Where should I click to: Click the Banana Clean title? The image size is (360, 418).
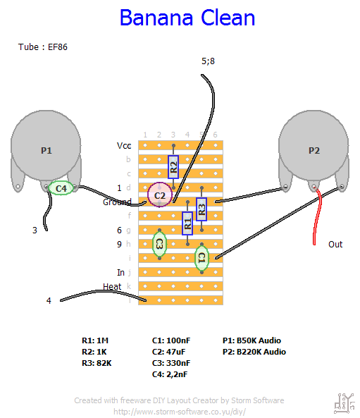pyautogui.click(x=187, y=18)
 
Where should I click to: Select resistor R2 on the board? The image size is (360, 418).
pyautogui.click(x=173, y=167)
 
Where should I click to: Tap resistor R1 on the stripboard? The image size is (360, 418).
pyautogui.click(x=187, y=223)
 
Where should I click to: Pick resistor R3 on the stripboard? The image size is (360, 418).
pyautogui.click(x=201, y=209)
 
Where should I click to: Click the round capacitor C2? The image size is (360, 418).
pyautogui.click(x=160, y=195)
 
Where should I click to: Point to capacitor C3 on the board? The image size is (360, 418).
pyautogui.click(x=159, y=244)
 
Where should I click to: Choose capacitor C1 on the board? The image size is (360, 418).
pyautogui.click(x=201, y=258)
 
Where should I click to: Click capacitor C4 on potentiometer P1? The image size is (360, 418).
pyautogui.click(x=61, y=188)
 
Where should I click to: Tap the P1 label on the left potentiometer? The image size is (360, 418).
pyautogui.click(x=46, y=151)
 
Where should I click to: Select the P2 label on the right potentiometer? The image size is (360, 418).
pyautogui.click(x=314, y=151)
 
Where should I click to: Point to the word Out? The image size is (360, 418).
pyautogui.click(x=335, y=245)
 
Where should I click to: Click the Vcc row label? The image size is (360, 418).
pyautogui.click(x=124, y=146)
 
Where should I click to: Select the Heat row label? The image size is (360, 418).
pyautogui.click(x=112, y=287)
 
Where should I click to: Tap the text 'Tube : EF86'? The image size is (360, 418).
pyautogui.click(x=43, y=47)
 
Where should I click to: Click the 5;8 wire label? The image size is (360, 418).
pyautogui.click(x=208, y=61)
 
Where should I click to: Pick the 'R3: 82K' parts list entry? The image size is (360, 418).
pyautogui.click(x=97, y=363)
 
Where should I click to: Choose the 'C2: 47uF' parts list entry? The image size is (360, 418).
pyautogui.click(x=168, y=352)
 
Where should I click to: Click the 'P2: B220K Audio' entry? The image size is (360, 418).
pyautogui.click(x=254, y=352)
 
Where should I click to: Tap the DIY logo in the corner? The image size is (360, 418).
pyautogui.click(x=345, y=403)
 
